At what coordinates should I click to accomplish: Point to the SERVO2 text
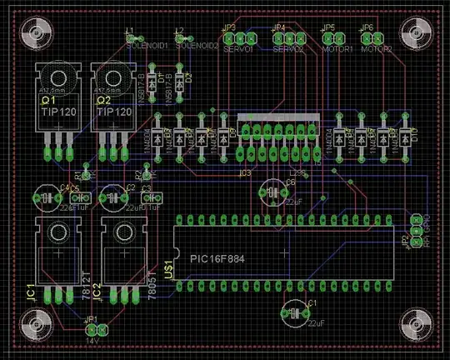pos(288,49)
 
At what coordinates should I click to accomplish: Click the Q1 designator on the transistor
pos(48,99)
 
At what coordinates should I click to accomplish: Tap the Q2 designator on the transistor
pos(103,99)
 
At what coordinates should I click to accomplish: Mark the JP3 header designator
pos(228,28)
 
